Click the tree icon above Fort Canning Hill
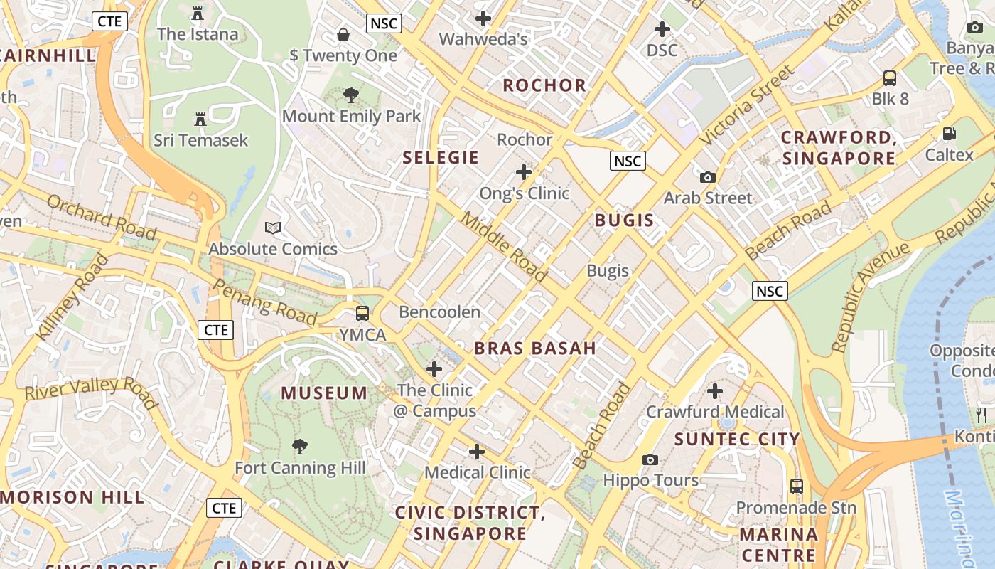coord(300,447)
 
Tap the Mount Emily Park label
coord(352,116)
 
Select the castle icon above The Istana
coord(198,14)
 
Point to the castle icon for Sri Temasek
coord(200,119)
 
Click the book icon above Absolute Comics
coord(273,228)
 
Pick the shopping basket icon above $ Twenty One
coord(343,35)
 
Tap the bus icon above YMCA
coord(362,314)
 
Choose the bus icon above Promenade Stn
coord(797,486)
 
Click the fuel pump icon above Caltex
coord(949,134)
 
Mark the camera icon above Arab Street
coord(707,177)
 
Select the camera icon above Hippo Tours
coord(650,459)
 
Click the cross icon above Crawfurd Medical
coord(715,391)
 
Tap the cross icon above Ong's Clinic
coord(524,172)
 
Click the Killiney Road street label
coord(72,298)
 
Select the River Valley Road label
coord(91,393)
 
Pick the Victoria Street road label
coord(747,106)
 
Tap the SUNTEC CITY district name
coord(737,439)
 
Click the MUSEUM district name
coord(324,393)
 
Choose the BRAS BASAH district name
coord(535,348)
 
